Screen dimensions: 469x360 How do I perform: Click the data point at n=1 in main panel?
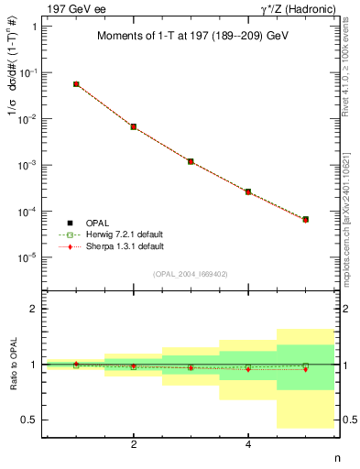pyautogui.click(x=76, y=84)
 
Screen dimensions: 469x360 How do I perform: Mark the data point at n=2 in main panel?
pyautogui.click(x=134, y=126)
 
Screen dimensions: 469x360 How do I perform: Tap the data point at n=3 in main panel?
pyautogui.click(x=191, y=161)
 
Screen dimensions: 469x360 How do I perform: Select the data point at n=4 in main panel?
pyautogui.click(x=248, y=191)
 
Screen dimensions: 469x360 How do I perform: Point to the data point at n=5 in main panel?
pyautogui.click(x=305, y=220)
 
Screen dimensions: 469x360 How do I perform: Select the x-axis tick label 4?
pyautogui.click(x=248, y=445)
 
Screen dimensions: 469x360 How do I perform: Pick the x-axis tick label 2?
pyautogui.click(x=134, y=445)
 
